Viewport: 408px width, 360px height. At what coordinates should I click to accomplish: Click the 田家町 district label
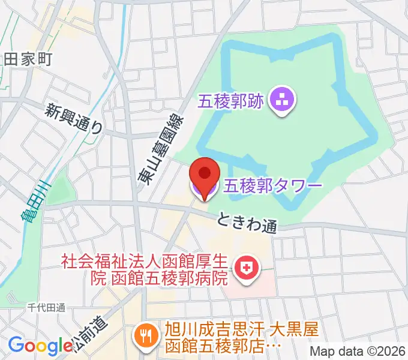[28, 59]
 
